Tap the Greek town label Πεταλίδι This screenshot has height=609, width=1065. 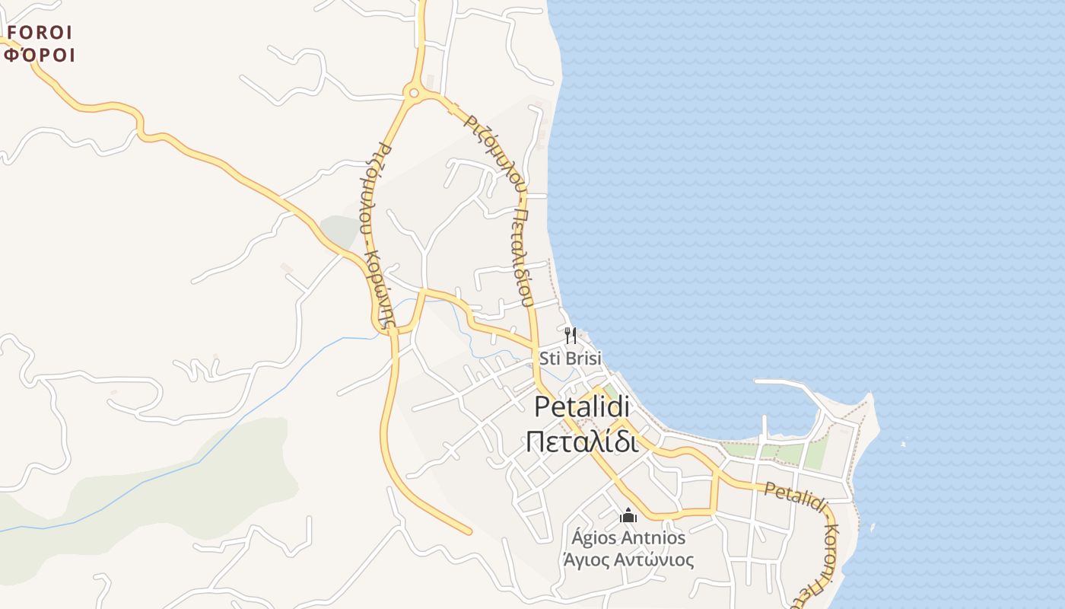coord(582,441)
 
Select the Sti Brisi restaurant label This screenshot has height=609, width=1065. coord(570,357)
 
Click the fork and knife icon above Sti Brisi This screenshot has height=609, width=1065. coord(571,334)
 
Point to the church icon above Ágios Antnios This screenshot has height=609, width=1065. coord(628,516)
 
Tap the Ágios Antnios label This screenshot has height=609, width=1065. coord(628,538)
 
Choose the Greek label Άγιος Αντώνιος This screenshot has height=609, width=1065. coord(628,561)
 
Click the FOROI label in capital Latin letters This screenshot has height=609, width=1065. coord(40,33)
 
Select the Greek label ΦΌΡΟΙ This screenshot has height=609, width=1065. coord(40,55)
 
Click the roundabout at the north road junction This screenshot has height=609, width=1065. coord(413,93)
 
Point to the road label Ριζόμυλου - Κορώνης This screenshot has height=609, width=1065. coord(378,236)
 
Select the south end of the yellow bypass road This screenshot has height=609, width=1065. coord(468,531)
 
